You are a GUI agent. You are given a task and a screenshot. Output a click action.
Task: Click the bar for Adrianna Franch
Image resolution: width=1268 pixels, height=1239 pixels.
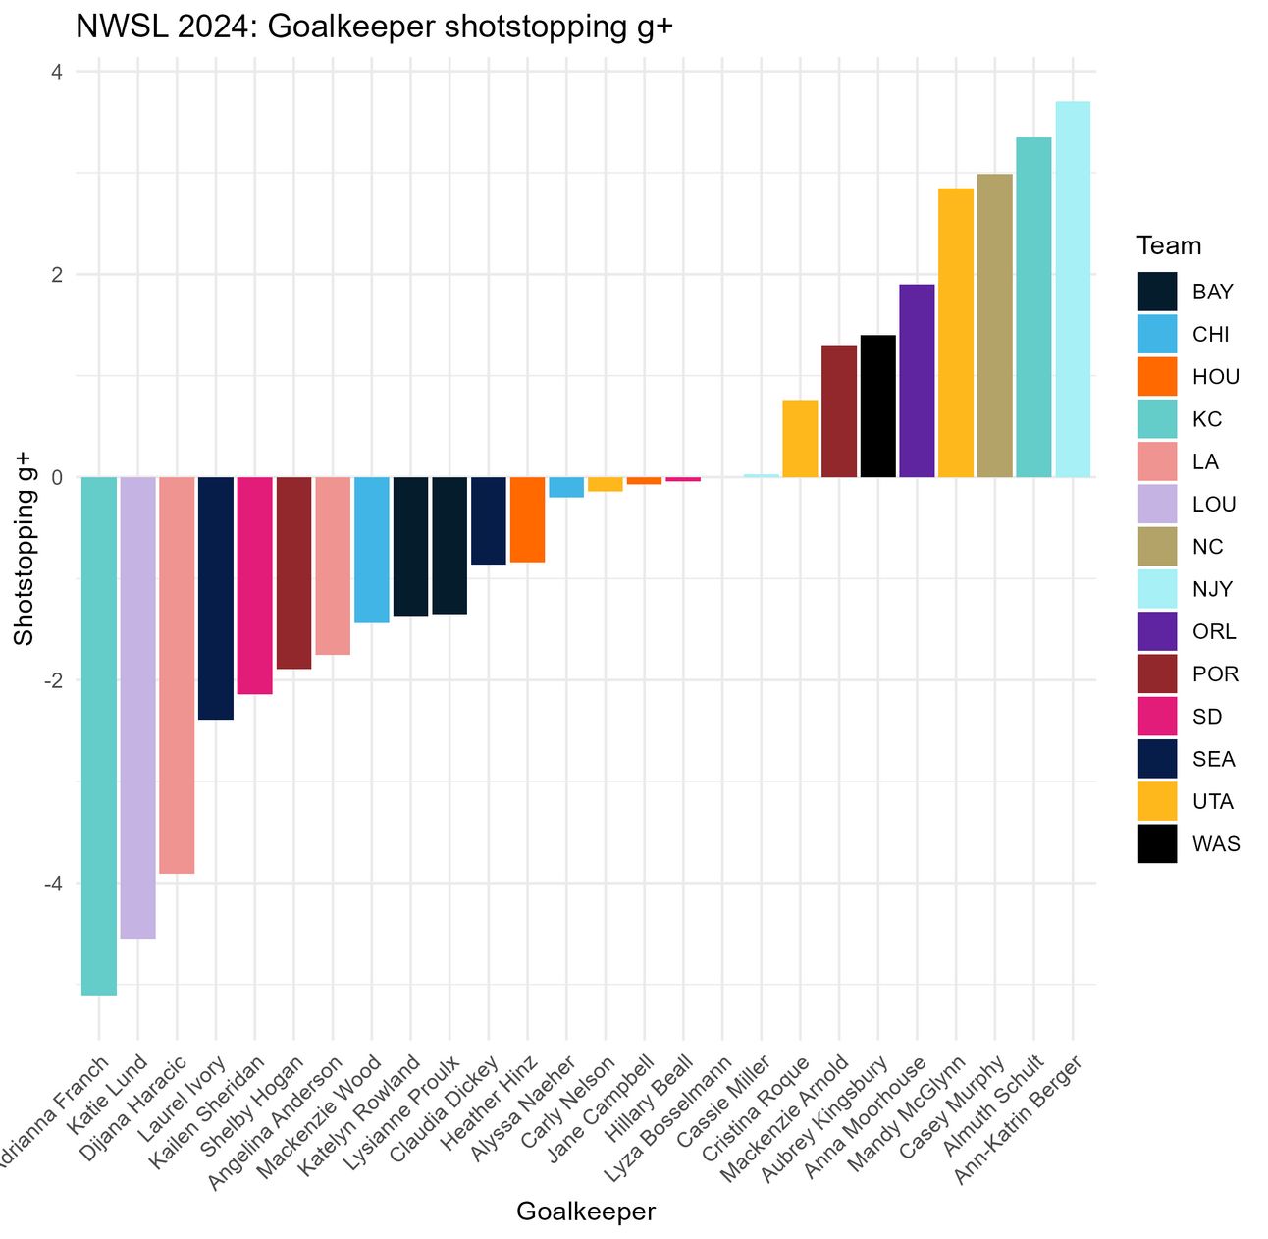pyautogui.click(x=99, y=735)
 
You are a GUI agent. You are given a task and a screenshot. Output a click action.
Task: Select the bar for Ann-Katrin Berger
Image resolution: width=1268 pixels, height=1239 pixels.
pyautogui.click(x=1073, y=290)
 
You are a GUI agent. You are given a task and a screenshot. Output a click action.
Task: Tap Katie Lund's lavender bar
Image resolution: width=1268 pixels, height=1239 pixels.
pyautogui.click(x=137, y=707)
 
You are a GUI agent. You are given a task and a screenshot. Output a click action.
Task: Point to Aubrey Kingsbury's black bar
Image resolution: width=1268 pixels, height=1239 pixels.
pyautogui.click(x=877, y=406)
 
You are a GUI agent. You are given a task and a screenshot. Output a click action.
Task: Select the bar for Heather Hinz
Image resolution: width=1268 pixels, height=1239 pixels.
pyautogui.click(x=527, y=519)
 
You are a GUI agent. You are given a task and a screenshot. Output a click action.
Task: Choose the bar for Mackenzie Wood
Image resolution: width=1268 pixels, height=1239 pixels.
pyautogui.click(x=371, y=550)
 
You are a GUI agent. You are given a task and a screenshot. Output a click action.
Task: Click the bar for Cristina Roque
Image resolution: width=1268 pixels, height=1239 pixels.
pyautogui.click(x=800, y=439)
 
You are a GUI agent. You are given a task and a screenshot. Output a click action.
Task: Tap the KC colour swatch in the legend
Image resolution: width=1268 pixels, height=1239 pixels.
pyautogui.click(x=1157, y=419)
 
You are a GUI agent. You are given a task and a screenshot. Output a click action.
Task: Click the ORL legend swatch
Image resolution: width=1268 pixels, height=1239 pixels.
pyautogui.click(x=1157, y=631)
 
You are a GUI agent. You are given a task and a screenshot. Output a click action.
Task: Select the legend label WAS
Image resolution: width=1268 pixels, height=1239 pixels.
pyautogui.click(x=1216, y=844)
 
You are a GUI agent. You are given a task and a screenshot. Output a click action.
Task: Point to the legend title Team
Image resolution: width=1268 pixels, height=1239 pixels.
pyautogui.click(x=1169, y=245)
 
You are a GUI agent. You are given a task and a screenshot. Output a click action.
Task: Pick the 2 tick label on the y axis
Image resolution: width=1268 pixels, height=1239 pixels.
pyautogui.click(x=57, y=275)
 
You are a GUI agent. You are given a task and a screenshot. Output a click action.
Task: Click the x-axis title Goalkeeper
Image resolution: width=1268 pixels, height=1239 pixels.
pyautogui.click(x=586, y=1212)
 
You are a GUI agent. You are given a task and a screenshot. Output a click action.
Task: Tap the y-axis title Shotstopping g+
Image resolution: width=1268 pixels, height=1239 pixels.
pyautogui.click(x=24, y=550)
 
